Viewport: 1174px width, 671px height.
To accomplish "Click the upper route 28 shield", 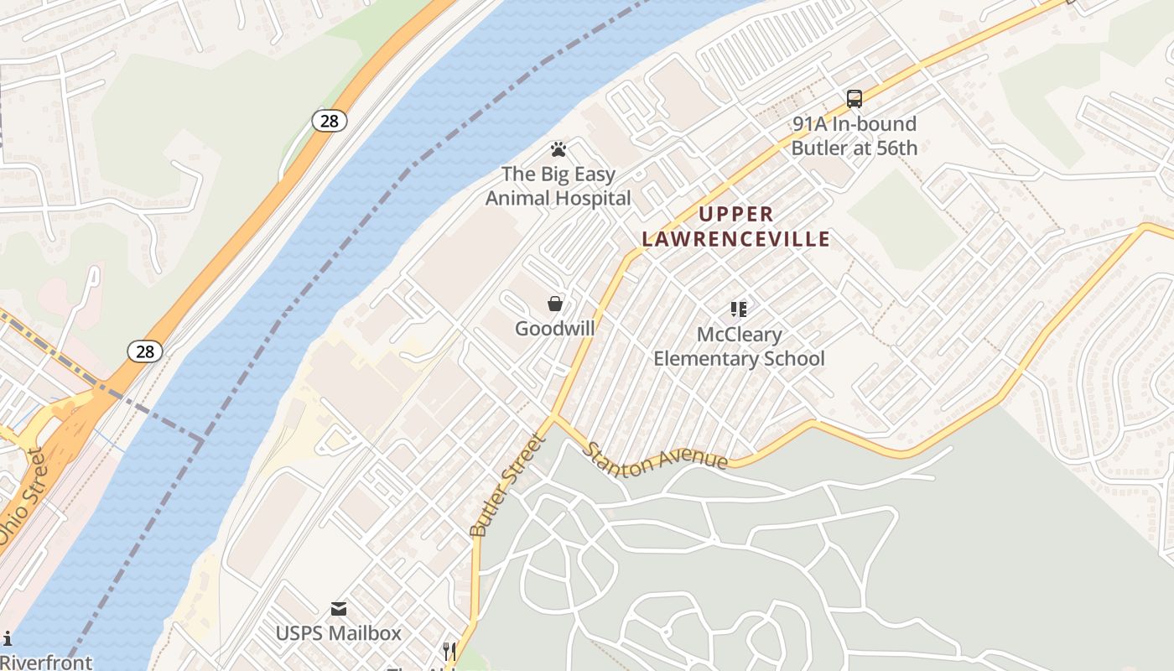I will coord(330,121).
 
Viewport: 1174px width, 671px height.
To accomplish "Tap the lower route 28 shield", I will coord(145,351).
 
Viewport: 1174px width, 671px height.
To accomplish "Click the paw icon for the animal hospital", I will coord(558,149).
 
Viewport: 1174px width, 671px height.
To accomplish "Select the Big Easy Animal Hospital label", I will coord(558,186).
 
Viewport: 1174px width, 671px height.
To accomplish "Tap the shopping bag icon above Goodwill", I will coord(554,304).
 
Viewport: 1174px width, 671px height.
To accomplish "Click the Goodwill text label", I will coord(554,328).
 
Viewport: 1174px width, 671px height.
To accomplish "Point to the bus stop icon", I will coord(855,99).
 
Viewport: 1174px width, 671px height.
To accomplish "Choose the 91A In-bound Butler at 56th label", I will coord(855,136).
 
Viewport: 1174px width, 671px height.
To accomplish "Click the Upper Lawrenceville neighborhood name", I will coord(736,226).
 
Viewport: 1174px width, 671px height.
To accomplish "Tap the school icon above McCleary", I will coord(738,309).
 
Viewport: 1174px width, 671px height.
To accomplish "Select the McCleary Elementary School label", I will coord(739,346).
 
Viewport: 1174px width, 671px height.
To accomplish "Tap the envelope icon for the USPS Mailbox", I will coord(339,608).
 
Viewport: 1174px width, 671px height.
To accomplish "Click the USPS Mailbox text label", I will coord(339,632).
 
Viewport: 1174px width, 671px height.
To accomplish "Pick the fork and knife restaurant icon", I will coord(449,650).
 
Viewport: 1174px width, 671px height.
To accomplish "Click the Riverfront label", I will coord(46,662).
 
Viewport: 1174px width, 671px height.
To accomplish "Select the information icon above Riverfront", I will coord(8,639).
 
